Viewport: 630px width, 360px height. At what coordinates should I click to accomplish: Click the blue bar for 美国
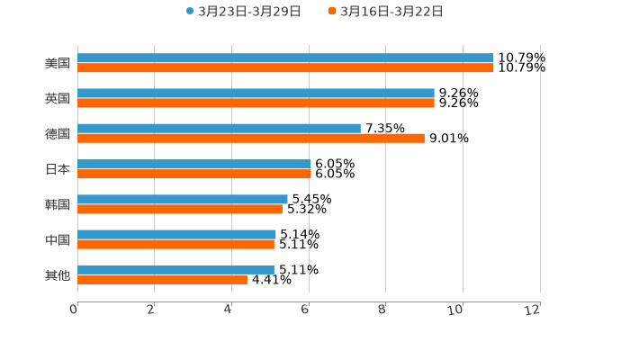(x=285, y=58)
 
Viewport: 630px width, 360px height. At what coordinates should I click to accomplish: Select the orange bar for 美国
(x=285, y=68)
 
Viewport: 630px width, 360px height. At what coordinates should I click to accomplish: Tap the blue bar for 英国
(x=256, y=94)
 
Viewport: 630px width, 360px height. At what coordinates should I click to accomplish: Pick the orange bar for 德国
(x=251, y=139)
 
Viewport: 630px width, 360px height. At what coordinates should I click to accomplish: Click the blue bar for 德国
(x=219, y=129)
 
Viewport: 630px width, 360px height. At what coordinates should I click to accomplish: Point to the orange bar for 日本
(x=194, y=174)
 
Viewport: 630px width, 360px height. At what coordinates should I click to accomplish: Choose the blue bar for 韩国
(x=183, y=199)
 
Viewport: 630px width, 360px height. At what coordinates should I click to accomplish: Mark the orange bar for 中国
(x=175, y=244)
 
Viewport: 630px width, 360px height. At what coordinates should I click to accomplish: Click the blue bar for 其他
(x=175, y=269)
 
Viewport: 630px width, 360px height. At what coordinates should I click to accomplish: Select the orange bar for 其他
(x=162, y=280)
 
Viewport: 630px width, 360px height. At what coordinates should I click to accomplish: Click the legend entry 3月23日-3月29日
(x=243, y=12)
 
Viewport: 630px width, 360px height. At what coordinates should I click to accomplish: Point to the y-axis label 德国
(x=58, y=134)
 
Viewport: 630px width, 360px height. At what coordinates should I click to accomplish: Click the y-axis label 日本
(x=58, y=169)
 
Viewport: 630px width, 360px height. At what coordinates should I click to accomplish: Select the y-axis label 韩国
(x=58, y=204)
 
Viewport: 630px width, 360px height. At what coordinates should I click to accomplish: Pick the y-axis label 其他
(x=58, y=274)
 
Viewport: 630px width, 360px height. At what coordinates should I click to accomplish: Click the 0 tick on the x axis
(x=74, y=310)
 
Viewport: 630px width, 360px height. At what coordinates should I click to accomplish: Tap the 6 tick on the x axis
(x=305, y=310)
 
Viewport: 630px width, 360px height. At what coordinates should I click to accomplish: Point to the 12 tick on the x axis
(x=534, y=310)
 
